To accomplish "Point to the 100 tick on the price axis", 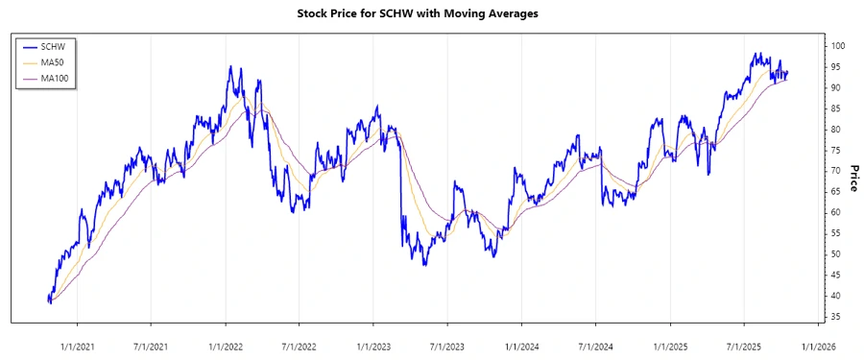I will point(838,46).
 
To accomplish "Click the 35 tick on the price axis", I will point(836,317).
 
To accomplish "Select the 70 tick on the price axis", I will point(836,171).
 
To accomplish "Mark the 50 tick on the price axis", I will point(836,254).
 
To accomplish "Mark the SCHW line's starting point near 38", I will point(49,300).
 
